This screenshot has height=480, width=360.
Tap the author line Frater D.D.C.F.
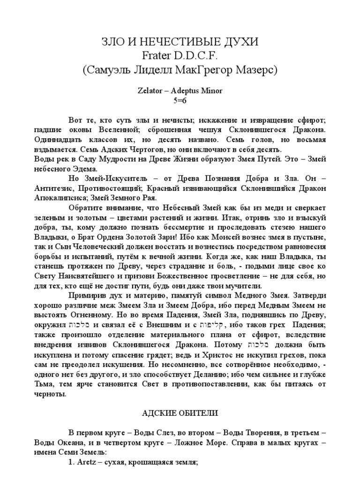[x=180, y=56]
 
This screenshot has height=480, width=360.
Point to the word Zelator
[x=155, y=91]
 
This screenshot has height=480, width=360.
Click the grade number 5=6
[x=180, y=100]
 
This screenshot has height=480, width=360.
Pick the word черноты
[x=50, y=393]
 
